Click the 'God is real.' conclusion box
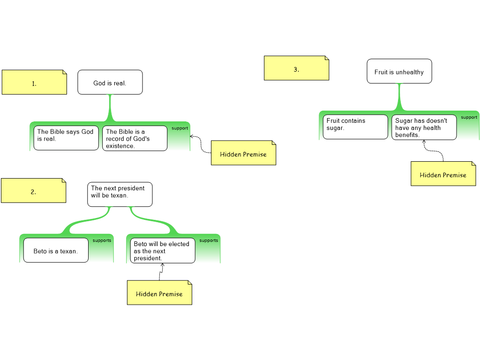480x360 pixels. [x=110, y=82]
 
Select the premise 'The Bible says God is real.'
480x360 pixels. [x=66, y=138]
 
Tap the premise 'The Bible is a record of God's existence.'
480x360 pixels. [x=135, y=138]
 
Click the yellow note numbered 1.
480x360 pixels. [x=34, y=82]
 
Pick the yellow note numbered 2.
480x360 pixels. [x=33, y=191]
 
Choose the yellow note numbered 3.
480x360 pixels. [x=296, y=68]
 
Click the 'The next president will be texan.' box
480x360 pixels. [x=120, y=194]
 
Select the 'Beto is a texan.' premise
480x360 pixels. [x=56, y=250]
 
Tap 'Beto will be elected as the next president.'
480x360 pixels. [x=162, y=250]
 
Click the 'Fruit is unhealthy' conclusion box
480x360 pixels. [x=399, y=71]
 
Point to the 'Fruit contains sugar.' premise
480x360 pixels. [x=355, y=127]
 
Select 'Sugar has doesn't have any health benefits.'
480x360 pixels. [x=424, y=127]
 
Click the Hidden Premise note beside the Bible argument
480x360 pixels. [x=243, y=153]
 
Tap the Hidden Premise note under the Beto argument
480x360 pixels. [x=159, y=293]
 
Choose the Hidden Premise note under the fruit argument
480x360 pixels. [x=443, y=174]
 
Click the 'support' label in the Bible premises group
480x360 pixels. [x=180, y=128]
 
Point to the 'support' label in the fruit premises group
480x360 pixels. [x=469, y=117]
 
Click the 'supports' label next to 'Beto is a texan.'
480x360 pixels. [x=102, y=240]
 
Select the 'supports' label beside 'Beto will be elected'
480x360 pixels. [x=209, y=240]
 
